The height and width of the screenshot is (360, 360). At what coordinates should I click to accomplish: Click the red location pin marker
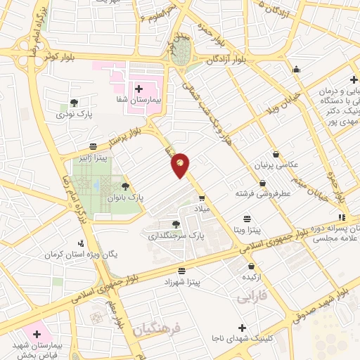(x=181, y=165)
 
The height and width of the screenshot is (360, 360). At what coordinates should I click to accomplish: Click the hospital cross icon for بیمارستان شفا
(x=138, y=89)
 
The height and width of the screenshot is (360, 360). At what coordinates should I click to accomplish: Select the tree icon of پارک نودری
(x=74, y=103)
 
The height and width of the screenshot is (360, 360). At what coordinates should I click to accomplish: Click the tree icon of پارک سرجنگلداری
(x=175, y=224)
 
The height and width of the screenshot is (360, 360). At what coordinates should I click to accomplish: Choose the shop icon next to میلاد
(x=201, y=198)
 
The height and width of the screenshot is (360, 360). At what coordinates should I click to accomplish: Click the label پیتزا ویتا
(x=247, y=230)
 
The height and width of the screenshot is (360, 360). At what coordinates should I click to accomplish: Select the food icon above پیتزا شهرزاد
(x=182, y=270)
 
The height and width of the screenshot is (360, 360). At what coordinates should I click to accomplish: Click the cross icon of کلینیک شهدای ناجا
(x=242, y=328)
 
